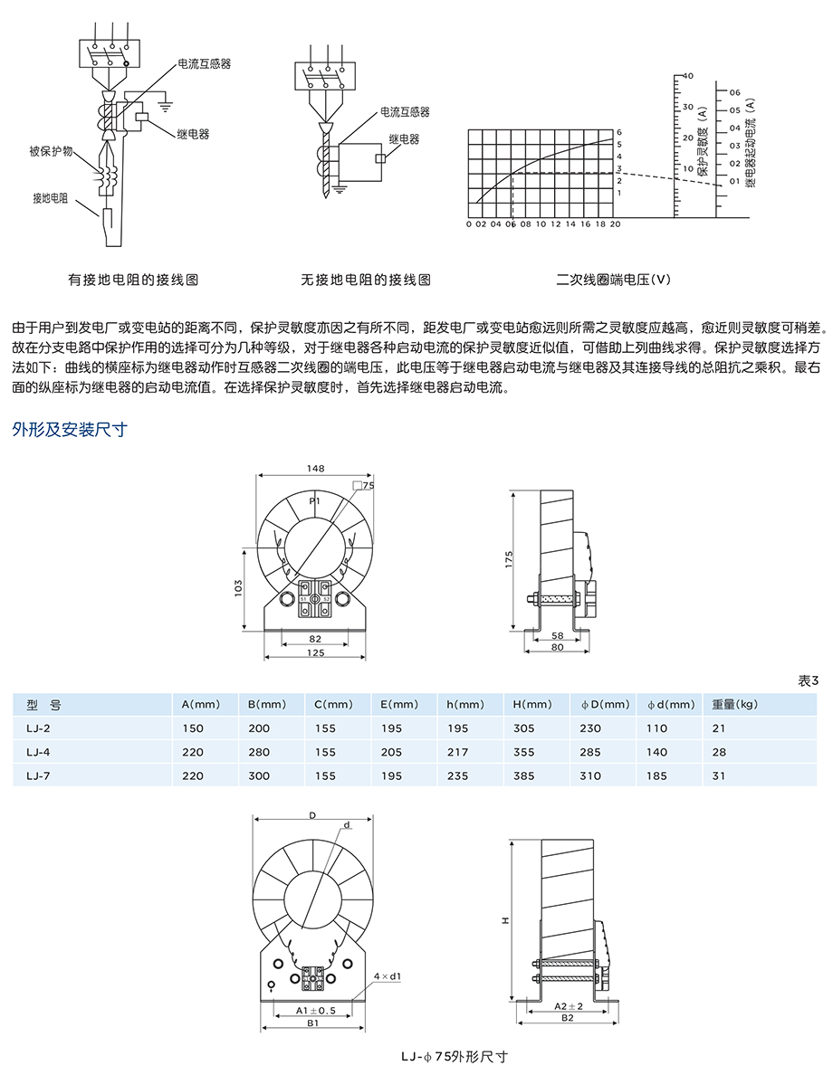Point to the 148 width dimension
coord(315,469)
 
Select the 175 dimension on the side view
coord(510,559)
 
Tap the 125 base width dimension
coord(315,653)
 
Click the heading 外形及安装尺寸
coord(70,430)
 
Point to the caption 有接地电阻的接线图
coord(133,280)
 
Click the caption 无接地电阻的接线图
coord(366,280)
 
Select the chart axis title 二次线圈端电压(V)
coord(613,280)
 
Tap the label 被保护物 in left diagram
coord(52,151)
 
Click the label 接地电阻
coord(50,197)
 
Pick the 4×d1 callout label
coord(387,976)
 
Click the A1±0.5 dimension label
coord(311,1010)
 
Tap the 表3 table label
coord(808,680)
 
